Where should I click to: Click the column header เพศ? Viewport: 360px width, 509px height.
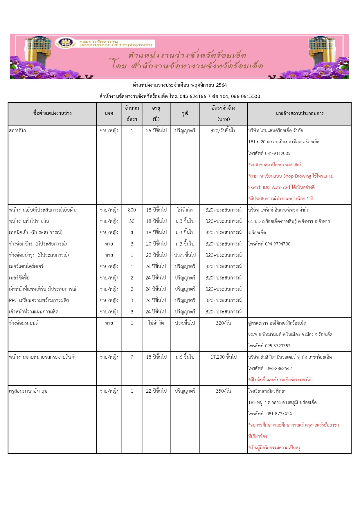coord(109,113)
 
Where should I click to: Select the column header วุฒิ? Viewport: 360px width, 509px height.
coord(185,113)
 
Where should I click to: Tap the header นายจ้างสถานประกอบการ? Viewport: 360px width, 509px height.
coord(299,113)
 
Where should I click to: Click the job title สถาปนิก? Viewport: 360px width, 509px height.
coord(17,131)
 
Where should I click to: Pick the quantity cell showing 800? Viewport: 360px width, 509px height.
coord(132,210)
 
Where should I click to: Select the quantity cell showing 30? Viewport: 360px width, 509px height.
coord(132,221)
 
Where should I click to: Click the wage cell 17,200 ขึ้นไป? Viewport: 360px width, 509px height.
coord(223,357)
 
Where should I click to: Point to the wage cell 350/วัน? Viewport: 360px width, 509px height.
coord(223,391)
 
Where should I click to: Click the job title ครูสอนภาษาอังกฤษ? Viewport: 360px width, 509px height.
coord(28,391)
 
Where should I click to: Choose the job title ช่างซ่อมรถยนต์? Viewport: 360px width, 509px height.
coord(24,323)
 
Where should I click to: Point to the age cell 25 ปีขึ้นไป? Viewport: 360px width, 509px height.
coord(156,131)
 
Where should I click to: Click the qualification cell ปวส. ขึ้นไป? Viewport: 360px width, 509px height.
coord(185,255)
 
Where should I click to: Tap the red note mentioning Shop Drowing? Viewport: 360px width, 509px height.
coord(291,176)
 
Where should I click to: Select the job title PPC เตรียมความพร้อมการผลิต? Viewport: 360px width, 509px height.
coord(39,300)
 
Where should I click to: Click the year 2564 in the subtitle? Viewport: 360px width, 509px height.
coord(221,85)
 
